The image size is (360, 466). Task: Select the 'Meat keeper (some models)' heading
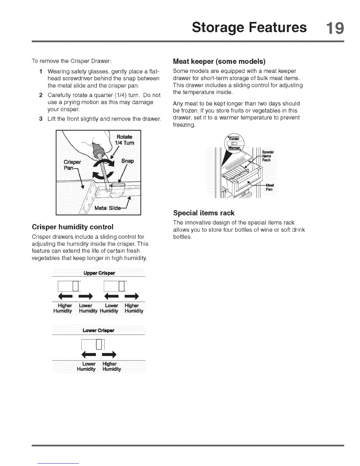(x=219, y=61)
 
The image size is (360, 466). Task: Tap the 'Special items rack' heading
(x=204, y=213)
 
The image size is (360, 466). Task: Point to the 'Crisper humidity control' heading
(x=72, y=227)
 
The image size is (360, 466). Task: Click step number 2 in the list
(x=41, y=95)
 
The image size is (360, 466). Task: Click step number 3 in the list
(x=41, y=119)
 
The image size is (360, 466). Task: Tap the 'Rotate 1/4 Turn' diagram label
(x=125, y=140)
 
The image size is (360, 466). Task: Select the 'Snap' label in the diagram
(x=127, y=161)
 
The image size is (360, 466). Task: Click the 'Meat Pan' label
(x=269, y=187)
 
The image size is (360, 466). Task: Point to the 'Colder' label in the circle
(x=235, y=139)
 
